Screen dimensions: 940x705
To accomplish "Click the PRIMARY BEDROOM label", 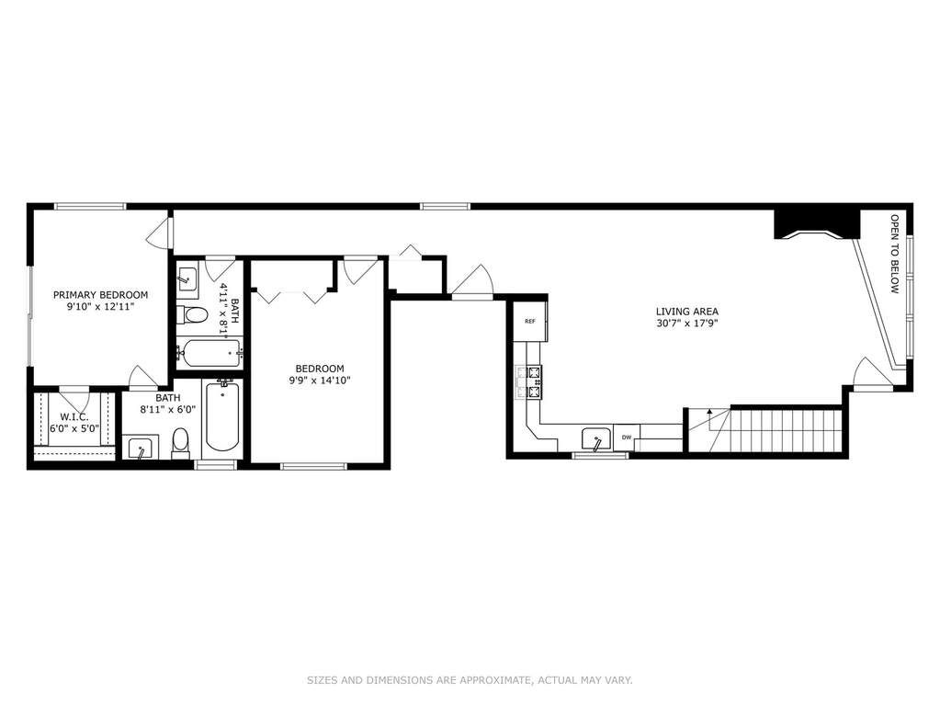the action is click(100, 295).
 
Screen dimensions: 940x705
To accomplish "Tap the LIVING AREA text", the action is click(687, 312).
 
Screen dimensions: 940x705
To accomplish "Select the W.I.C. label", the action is click(74, 417).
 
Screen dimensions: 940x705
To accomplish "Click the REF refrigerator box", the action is click(530, 322).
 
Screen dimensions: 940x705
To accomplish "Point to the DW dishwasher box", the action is click(627, 437).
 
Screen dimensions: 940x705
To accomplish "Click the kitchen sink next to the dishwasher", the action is click(596, 438).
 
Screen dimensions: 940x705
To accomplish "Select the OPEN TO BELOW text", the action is click(894, 255).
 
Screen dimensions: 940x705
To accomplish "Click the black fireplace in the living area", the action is click(818, 224).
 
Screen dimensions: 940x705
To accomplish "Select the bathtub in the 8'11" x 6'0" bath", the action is click(222, 416).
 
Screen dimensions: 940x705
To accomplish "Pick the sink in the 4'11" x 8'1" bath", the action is click(189, 280).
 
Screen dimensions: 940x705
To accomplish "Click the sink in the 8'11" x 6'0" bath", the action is click(141, 448).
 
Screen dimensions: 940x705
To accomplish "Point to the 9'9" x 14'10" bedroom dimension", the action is click(320, 381).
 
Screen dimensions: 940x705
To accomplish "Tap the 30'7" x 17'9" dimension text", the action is click(687, 324).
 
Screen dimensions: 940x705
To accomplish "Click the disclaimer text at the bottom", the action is click(470, 680).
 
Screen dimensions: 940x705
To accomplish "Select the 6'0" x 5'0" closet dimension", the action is click(74, 428).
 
